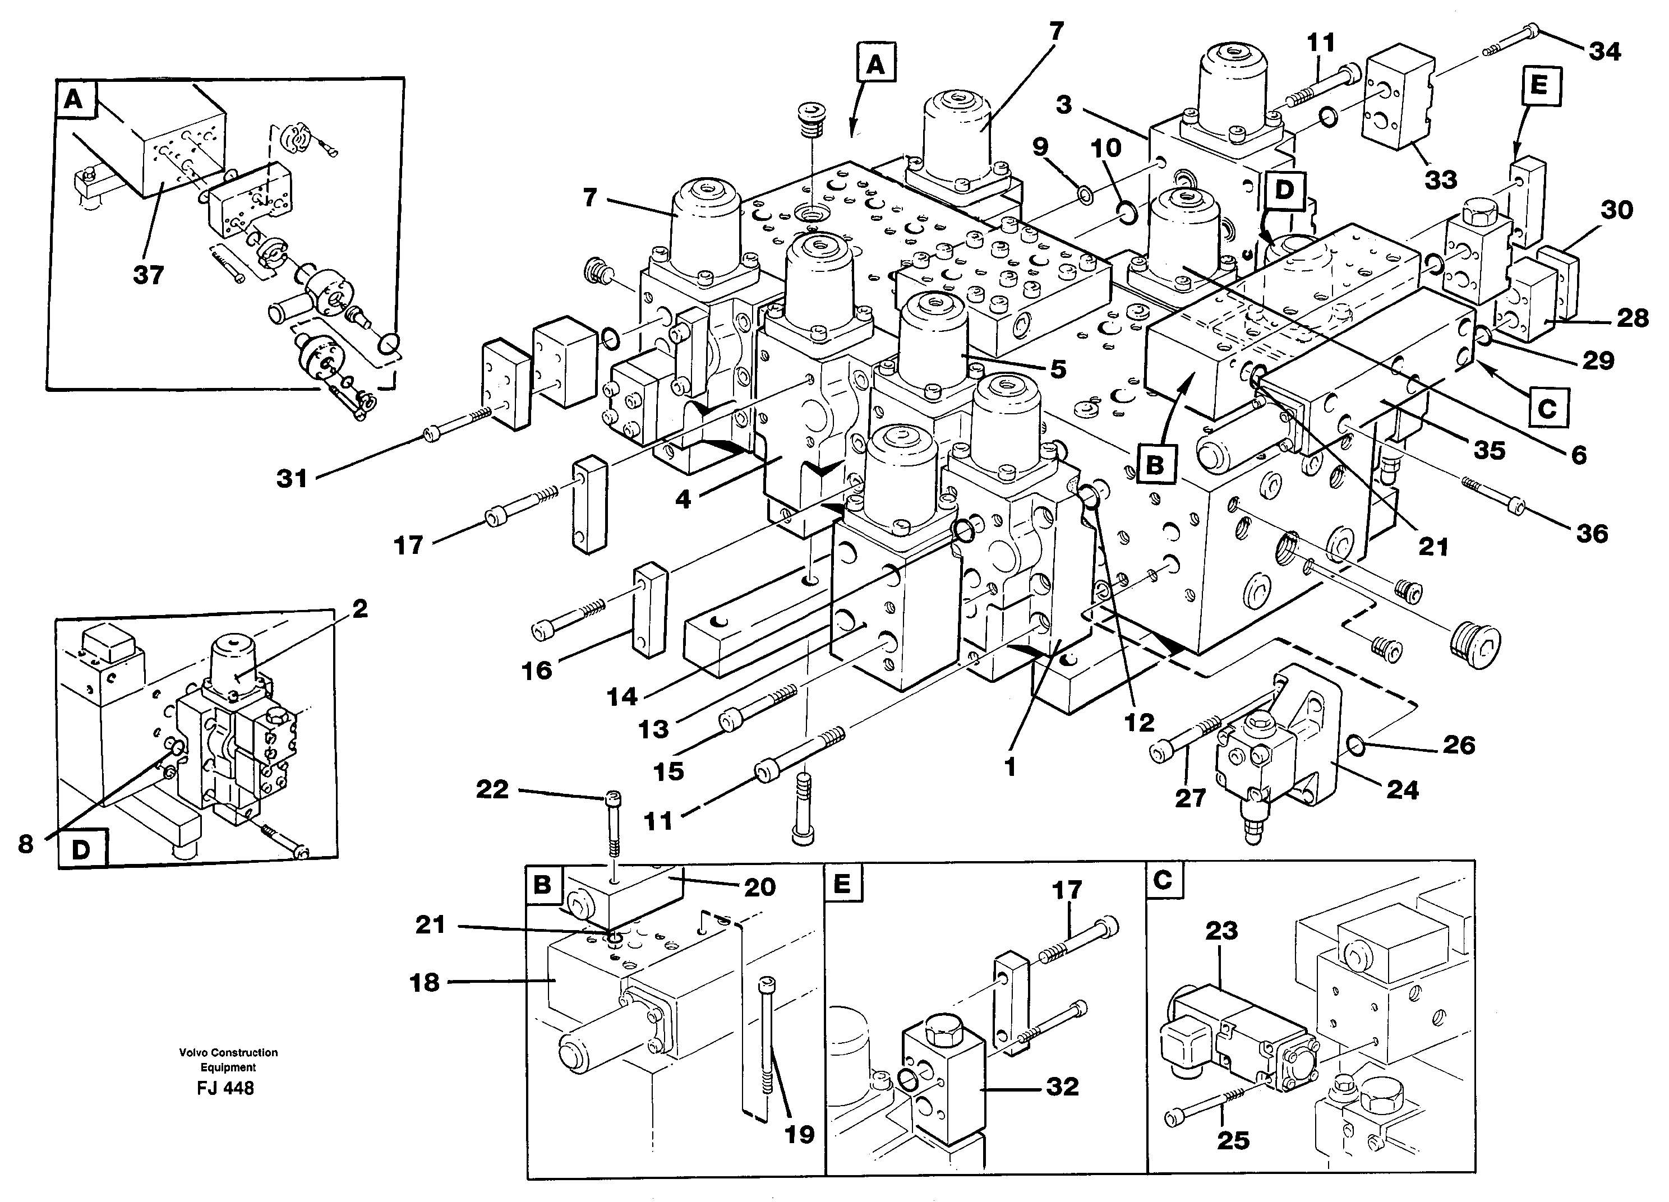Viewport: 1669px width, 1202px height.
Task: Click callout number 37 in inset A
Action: tap(148, 275)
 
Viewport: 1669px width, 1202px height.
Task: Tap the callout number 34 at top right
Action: tap(1605, 52)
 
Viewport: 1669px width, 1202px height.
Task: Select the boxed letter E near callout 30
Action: tap(1538, 86)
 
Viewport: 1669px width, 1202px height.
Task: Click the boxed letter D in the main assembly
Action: tap(1284, 190)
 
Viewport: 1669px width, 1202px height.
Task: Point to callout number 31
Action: tap(292, 479)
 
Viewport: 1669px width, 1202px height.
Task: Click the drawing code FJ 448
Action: tap(226, 1088)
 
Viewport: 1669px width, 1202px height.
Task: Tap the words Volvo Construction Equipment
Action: tap(228, 1060)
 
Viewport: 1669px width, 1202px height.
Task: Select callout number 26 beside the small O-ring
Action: tap(1459, 745)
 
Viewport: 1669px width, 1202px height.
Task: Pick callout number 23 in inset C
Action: tap(1221, 931)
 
